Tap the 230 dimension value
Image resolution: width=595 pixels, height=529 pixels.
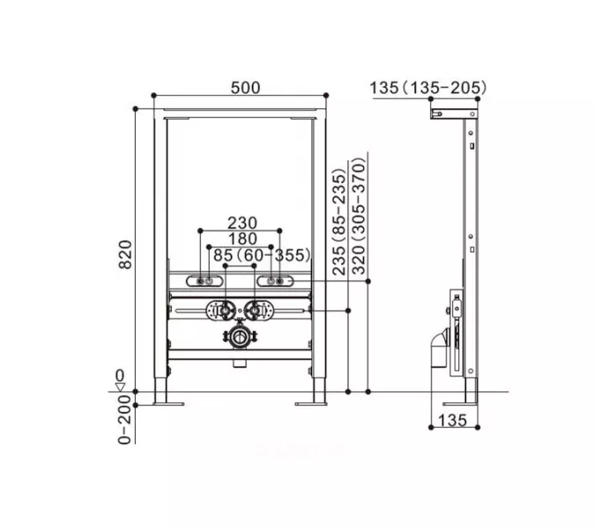point(240,223)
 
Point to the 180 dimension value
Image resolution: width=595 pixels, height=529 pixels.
point(240,239)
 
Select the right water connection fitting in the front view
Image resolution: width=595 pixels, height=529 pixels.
point(257,310)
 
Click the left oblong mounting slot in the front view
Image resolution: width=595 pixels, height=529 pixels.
point(203,281)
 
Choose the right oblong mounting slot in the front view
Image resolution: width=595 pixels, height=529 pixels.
point(271,281)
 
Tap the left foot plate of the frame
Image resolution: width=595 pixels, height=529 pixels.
point(164,405)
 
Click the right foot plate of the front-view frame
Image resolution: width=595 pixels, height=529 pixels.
point(311,405)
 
